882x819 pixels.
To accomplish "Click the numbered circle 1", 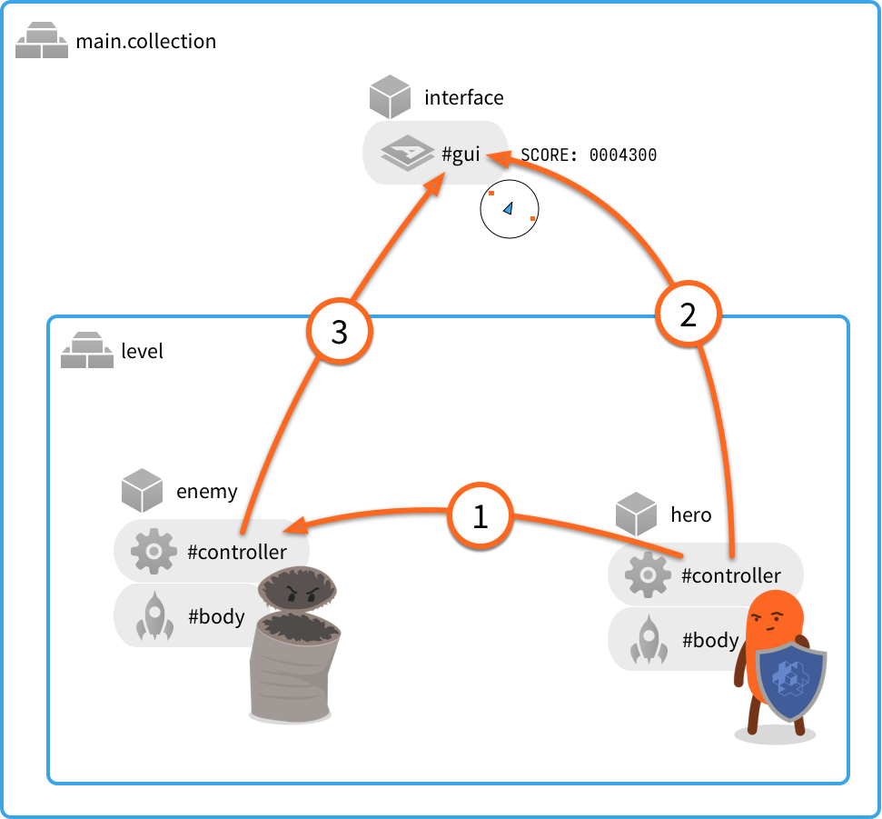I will click(480, 516).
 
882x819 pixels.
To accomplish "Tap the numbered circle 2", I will click(688, 315).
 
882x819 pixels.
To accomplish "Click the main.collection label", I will click(145, 41).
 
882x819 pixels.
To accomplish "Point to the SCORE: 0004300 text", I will click(588, 155).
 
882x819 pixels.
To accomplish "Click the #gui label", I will click(461, 155).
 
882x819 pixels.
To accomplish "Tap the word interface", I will click(463, 97).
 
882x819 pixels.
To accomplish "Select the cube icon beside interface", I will click(391, 97).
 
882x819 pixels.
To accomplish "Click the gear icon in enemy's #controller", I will click(154, 552).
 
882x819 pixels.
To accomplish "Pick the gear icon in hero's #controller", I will click(648, 575).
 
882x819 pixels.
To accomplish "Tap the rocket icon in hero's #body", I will click(648, 640).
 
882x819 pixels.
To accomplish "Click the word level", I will click(142, 351).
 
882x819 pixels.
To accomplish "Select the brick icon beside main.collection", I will click(42, 42).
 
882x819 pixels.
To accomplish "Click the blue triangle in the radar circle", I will click(509, 208).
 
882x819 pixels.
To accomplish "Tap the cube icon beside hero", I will click(636, 514).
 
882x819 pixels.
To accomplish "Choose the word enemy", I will click(206, 492).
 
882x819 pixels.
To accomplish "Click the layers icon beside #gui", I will click(406, 155).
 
